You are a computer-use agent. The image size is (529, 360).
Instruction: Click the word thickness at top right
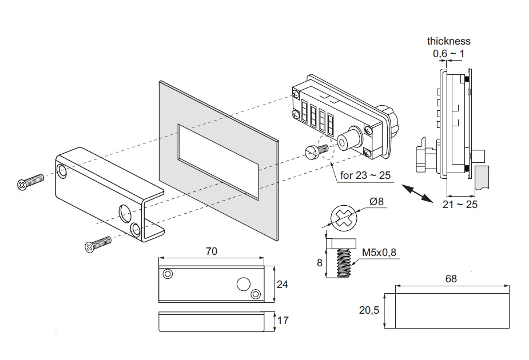click(448, 41)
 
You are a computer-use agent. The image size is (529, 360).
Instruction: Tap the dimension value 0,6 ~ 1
click(448, 53)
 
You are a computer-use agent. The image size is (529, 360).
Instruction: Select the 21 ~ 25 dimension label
click(459, 204)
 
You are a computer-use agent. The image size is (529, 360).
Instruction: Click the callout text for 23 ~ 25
click(365, 175)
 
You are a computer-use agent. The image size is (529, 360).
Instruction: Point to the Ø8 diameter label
click(377, 201)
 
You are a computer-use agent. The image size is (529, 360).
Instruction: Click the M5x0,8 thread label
click(379, 252)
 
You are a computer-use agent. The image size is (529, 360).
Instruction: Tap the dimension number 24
click(282, 283)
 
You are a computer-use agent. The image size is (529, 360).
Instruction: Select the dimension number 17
click(282, 321)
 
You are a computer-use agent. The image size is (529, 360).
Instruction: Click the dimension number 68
click(451, 279)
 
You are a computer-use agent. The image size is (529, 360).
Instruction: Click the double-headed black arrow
click(417, 192)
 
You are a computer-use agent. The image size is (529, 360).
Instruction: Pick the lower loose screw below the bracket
click(97, 245)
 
